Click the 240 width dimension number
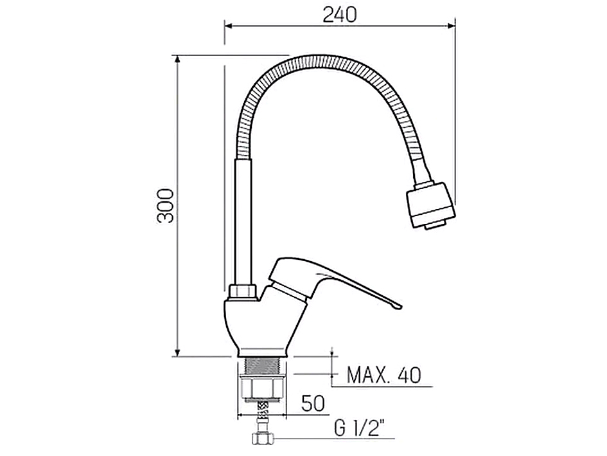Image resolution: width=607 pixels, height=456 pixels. tap(339, 14)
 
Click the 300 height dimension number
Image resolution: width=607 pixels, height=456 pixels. tap(166, 205)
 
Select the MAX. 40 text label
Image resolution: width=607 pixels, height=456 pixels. tap(384, 374)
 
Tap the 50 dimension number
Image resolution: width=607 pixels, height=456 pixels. tap(313, 404)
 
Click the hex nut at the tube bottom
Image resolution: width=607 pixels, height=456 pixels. tap(242, 292)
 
